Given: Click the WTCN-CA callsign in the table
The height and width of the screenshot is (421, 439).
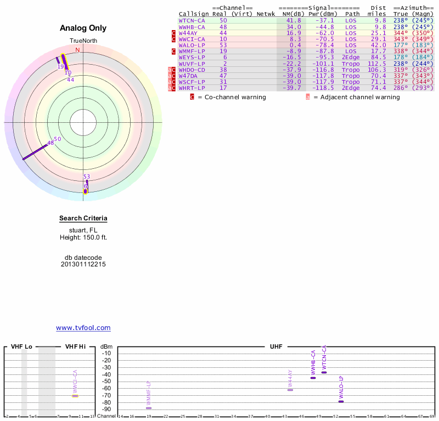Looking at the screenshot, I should (x=192, y=20).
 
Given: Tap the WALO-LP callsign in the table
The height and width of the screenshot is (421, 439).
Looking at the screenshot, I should (x=192, y=45).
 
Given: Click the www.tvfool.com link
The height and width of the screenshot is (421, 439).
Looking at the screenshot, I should (x=83, y=328).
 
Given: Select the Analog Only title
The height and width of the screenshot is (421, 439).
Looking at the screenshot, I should (x=83, y=28).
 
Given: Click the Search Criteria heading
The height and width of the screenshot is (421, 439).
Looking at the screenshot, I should (x=83, y=219).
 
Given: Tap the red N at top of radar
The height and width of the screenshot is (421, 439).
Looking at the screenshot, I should (x=77, y=50).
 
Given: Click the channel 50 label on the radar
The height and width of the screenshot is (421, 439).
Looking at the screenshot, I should (x=57, y=139).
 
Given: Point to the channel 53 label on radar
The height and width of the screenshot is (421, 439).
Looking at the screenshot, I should (x=86, y=176).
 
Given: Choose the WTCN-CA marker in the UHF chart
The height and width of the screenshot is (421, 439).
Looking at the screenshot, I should (x=324, y=373).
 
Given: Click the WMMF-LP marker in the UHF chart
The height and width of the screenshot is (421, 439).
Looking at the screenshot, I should (x=149, y=408).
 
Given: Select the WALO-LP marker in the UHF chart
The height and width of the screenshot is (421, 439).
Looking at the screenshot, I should (x=341, y=402).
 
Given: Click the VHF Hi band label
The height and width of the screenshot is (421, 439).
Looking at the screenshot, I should (x=75, y=347).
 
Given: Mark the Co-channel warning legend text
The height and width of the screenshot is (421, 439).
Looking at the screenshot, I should (x=232, y=97).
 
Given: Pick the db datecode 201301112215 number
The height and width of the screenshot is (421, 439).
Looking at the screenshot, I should (x=83, y=264).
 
